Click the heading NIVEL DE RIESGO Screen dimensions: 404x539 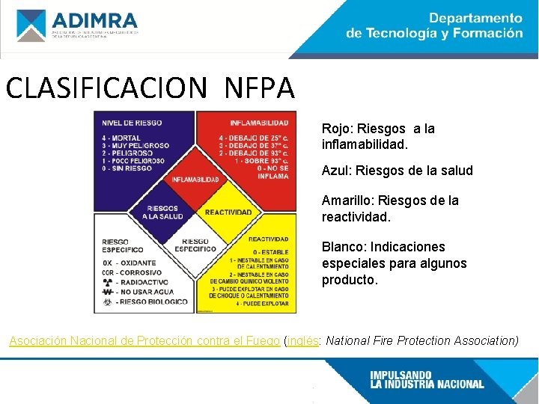click(x=132, y=123)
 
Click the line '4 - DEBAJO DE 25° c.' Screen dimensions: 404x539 click(x=254, y=138)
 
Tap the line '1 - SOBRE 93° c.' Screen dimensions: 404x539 click(x=261, y=161)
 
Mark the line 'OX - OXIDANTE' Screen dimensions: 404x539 click(x=130, y=263)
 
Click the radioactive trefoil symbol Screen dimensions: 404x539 click(x=107, y=282)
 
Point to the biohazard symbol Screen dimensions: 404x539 click(x=107, y=302)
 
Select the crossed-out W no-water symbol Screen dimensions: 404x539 click(x=107, y=292)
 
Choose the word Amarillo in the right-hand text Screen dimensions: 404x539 click(x=347, y=201)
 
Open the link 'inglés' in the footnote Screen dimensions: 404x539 click(x=301, y=341)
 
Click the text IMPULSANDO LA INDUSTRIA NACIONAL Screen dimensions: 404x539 click(x=427, y=379)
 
